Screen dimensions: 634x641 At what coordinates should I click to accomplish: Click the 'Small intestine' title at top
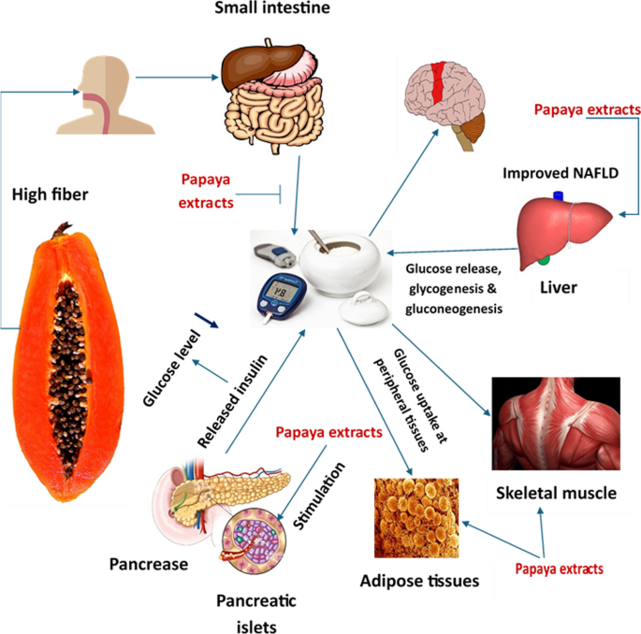coord(265,12)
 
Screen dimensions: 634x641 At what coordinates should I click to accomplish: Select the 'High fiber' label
coord(50,195)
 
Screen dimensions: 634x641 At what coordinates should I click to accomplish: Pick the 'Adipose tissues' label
coord(420,581)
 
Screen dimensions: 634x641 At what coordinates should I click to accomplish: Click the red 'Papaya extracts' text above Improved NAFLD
coord(584,109)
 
